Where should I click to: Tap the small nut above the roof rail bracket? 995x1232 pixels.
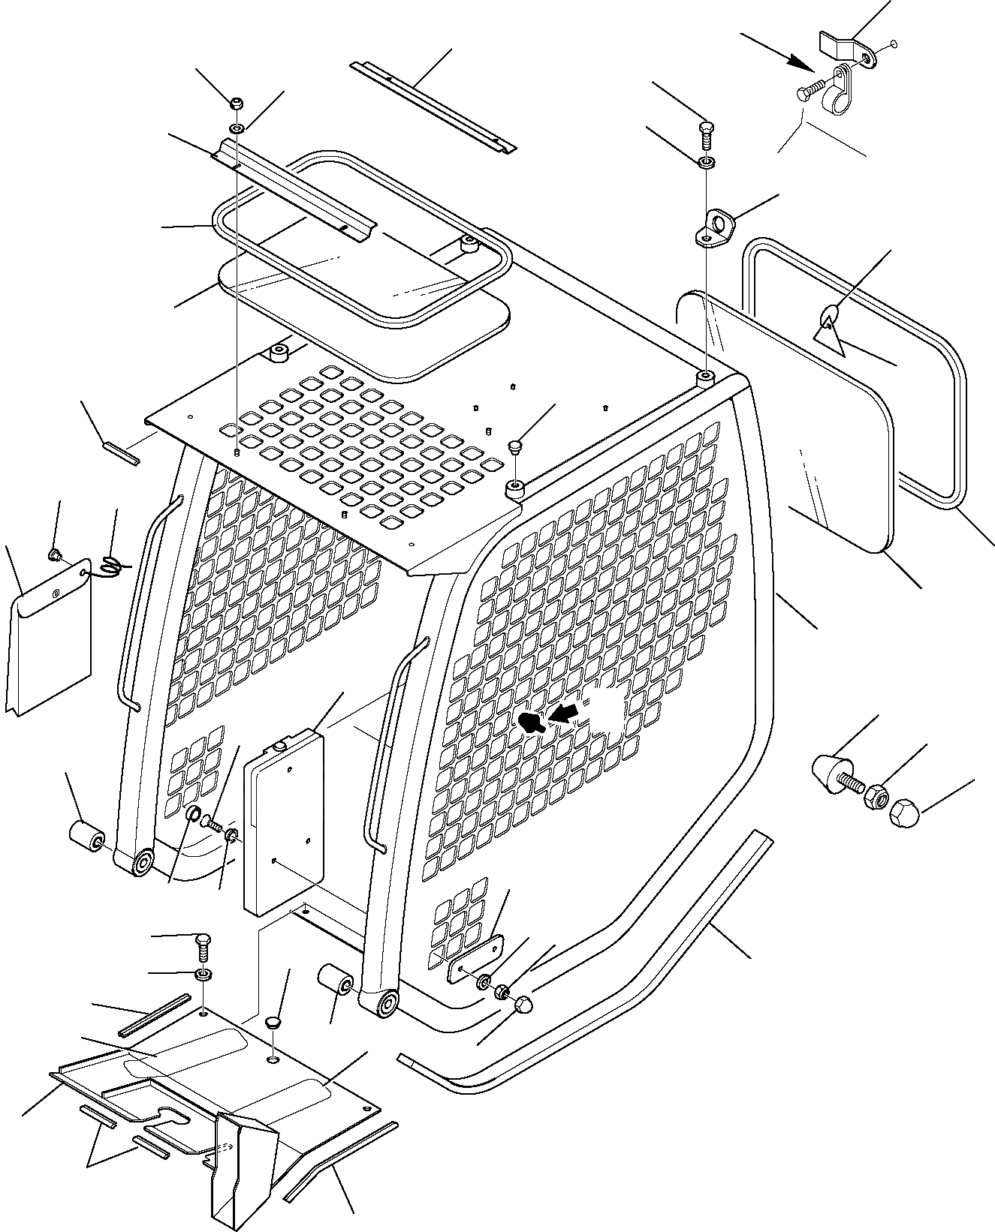coord(235,104)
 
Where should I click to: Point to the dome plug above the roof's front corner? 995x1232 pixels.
coord(515,447)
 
